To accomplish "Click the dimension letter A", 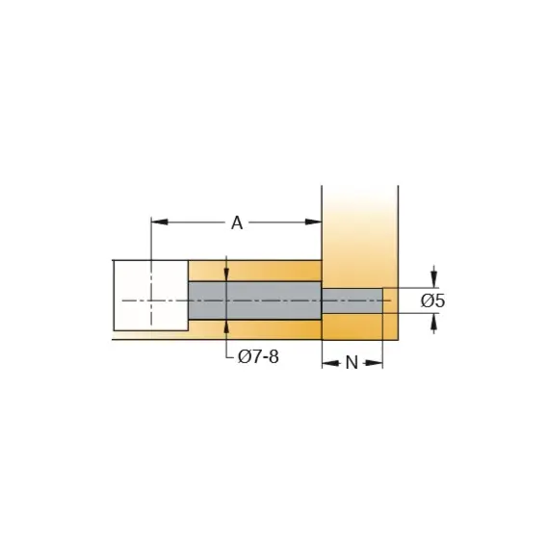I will tap(237, 223).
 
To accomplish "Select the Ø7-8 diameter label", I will tap(258, 358).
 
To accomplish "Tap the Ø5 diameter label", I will tap(433, 301).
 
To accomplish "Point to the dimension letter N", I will tap(352, 363).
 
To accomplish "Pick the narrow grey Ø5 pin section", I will tap(352, 301).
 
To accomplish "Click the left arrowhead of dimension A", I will tap(158, 222).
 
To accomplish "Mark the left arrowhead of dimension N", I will tap(327, 364).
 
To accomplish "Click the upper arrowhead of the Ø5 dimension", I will tap(434, 280).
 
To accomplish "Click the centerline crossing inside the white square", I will tap(151, 301).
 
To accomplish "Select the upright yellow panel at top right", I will tap(358, 231).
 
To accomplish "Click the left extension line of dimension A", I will tap(151, 241).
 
